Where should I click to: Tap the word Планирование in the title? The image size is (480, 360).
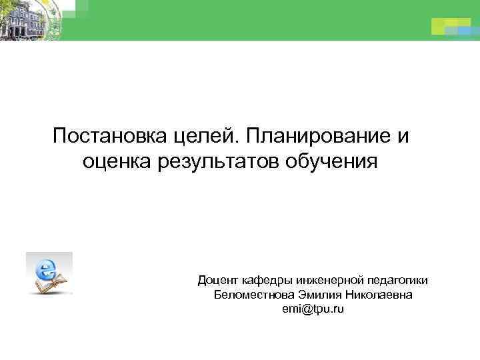point(321,136)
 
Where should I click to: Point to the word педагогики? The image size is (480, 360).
point(395,281)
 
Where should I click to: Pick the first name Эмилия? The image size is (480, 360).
point(317,295)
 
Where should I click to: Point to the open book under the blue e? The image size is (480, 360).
point(52,285)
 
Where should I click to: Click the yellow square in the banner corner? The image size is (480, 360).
point(442,26)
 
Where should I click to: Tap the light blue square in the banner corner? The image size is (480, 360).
point(460,29)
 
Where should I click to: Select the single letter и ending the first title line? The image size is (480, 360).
point(401,136)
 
